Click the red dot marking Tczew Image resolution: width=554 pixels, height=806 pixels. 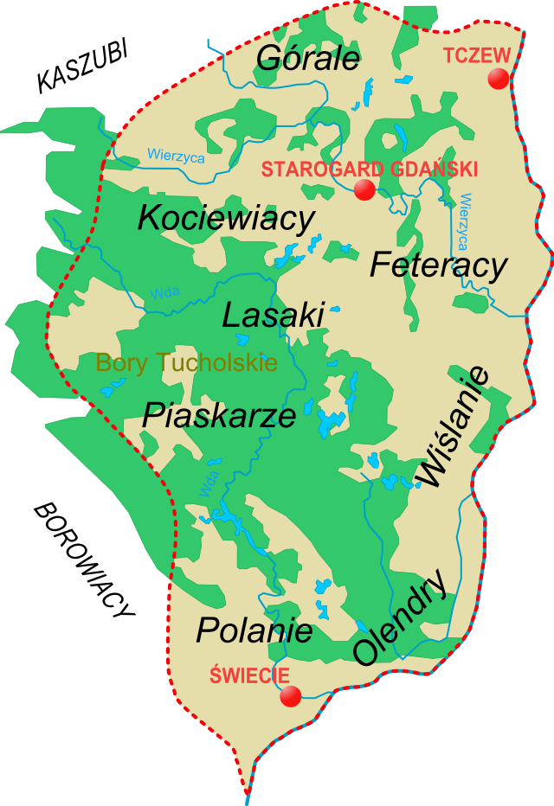[498, 79]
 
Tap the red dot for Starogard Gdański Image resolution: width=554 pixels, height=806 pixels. [364, 190]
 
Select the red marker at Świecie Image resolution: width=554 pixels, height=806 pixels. [291, 696]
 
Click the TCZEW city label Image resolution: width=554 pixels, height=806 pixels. [476, 55]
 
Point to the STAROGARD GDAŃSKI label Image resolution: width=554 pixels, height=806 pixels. [369, 170]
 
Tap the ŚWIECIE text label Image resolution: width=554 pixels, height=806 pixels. [249, 676]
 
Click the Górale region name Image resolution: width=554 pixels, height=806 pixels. [308, 58]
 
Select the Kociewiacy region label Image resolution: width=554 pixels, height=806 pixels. [226, 219]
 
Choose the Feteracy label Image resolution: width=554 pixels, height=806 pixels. [438, 265]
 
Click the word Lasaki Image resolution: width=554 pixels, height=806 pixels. [273, 316]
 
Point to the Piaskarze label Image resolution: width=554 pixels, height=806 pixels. [219, 416]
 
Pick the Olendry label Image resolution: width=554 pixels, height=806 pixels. [403, 617]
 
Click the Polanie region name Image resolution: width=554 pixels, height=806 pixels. [254, 630]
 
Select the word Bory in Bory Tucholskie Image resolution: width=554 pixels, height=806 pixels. [116, 363]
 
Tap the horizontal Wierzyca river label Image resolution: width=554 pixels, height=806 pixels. [176, 156]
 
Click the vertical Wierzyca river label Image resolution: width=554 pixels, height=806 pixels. [467, 221]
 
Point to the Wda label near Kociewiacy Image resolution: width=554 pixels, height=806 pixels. [164, 293]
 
